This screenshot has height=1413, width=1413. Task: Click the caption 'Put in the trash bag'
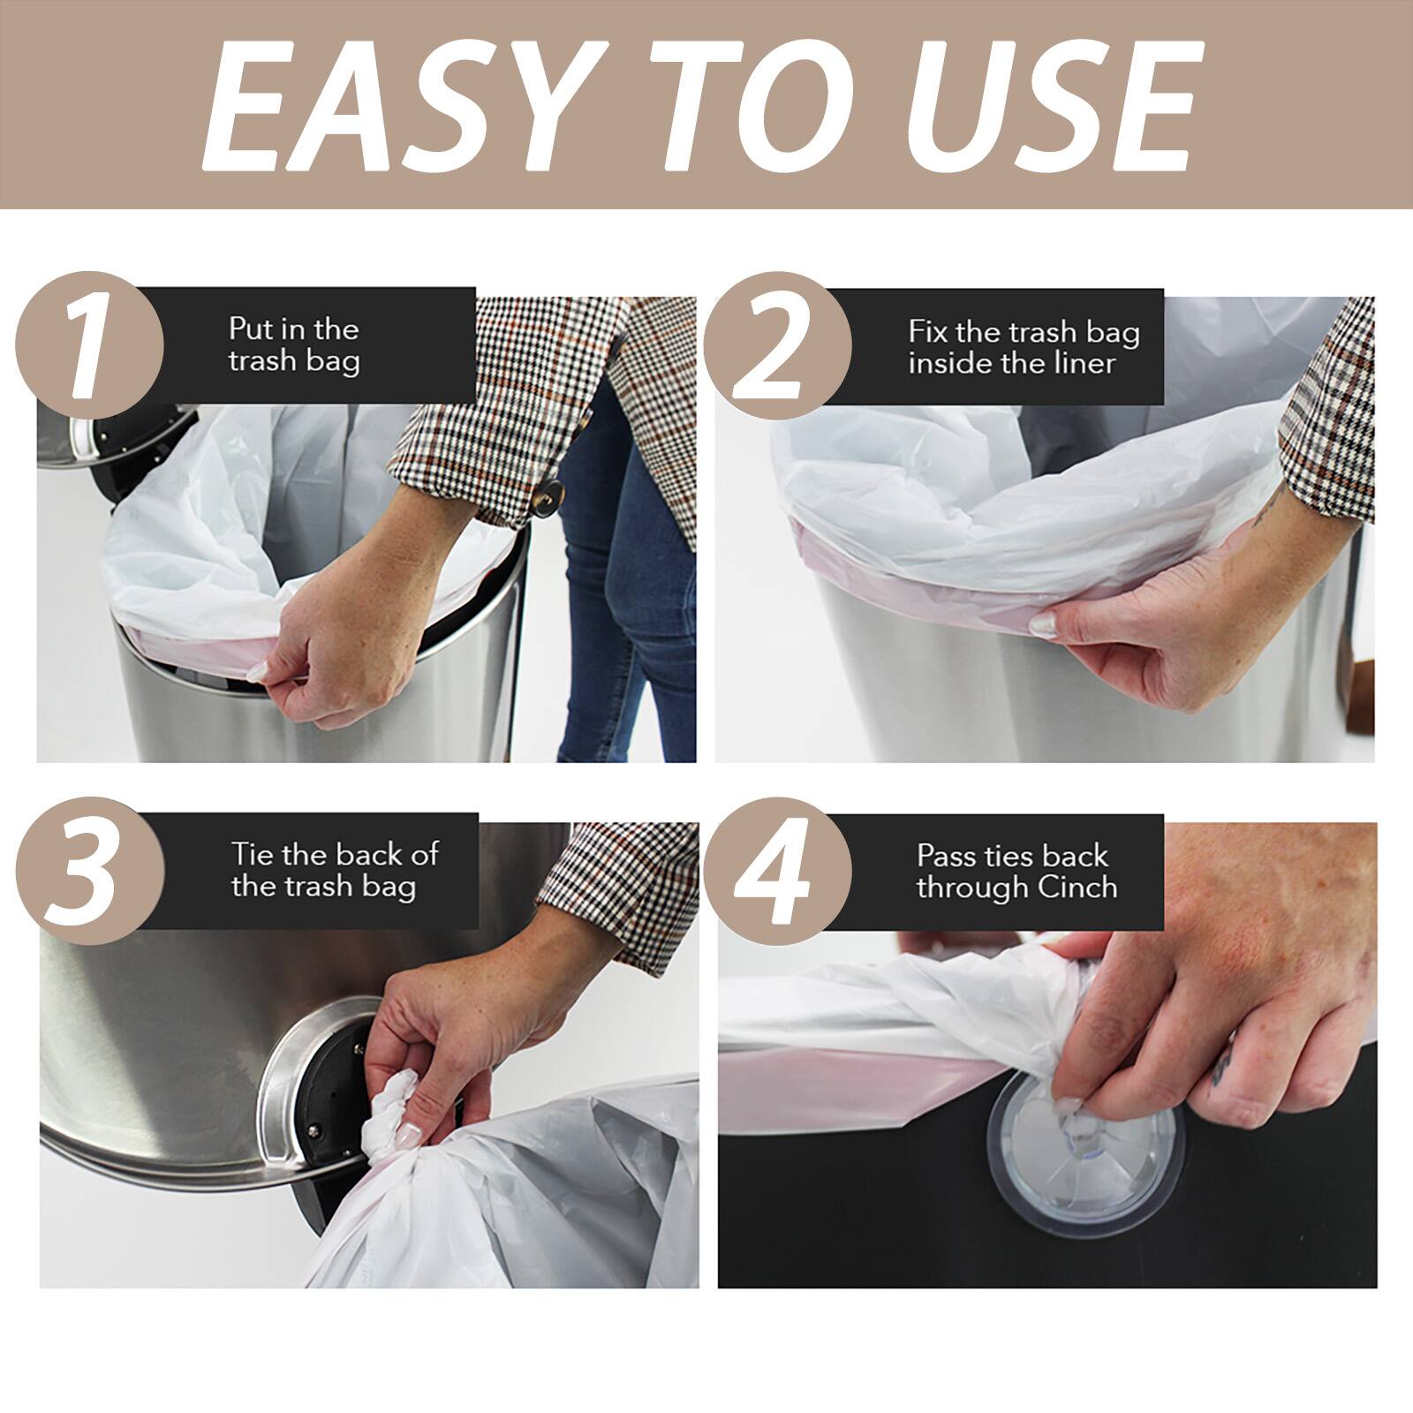pos(294,345)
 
